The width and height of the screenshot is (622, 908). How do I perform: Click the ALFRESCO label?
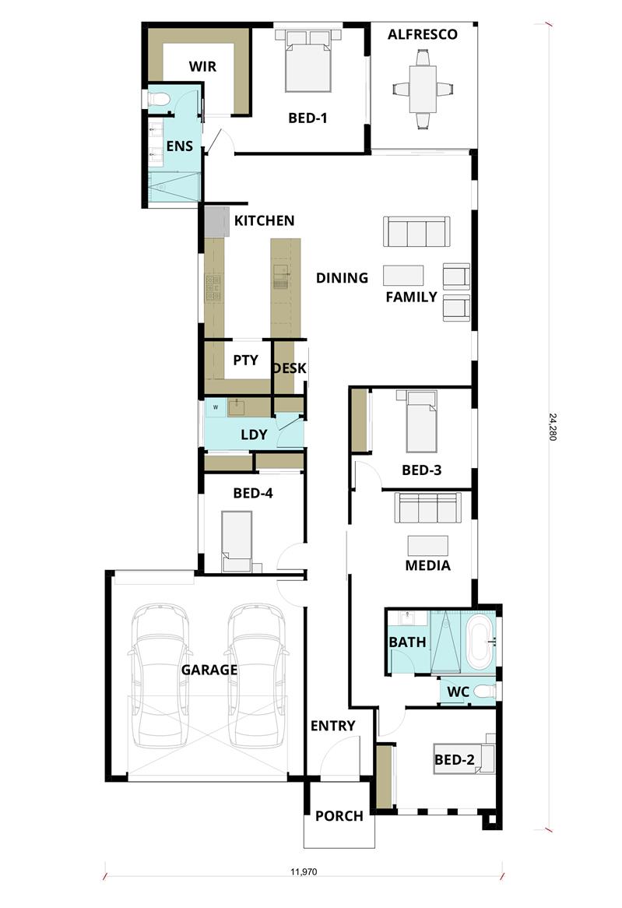(422, 35)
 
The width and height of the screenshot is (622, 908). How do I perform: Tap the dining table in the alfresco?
(423, 90)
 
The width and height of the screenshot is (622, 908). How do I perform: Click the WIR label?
(202, 67)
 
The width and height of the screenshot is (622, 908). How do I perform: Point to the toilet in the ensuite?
(157, 100)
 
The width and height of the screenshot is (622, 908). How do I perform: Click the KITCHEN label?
(264, 220)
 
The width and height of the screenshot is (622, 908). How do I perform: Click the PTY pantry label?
(245, 361)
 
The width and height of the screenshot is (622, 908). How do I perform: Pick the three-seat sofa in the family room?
(416, 231)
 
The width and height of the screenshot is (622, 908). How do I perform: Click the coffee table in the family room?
(403, 275)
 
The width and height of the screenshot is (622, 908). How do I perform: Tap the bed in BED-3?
(421, 421)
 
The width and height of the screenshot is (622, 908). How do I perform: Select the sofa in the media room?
(427, 508)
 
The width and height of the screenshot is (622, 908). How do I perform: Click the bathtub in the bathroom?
(480, 642)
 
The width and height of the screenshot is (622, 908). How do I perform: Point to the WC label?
(458, 692)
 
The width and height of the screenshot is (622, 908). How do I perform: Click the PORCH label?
(339, 816)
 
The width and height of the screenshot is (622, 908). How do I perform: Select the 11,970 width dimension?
(304, 871)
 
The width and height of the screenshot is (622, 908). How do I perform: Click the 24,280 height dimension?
(553, 427)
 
